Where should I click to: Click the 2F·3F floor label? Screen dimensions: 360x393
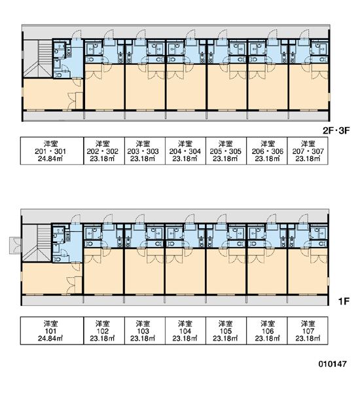point(336,130)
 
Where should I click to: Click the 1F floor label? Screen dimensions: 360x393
point(344,301)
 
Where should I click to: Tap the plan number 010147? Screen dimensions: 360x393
point(333,364)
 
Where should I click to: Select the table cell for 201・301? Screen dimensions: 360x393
point(52,151)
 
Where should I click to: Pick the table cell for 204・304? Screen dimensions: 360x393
point(185,151)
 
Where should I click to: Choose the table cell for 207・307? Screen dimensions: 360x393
point(308,151)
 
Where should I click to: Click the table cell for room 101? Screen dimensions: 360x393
point(52,331)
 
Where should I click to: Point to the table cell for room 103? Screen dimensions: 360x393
point(145,331)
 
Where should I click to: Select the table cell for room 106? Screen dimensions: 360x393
point(267,331)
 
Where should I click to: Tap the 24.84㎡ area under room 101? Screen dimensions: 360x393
point(50,339)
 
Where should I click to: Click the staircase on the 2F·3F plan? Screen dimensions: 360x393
point(38,59)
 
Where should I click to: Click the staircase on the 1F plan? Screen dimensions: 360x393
point(37,243)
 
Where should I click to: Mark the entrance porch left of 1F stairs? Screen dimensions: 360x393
point(16,246)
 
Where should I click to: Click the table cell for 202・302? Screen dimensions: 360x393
point(104,151)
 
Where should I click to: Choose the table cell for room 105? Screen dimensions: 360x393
point(226,331)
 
